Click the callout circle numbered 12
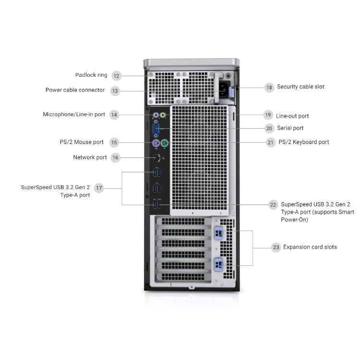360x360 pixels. (117, 75)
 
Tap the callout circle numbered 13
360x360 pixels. (115, 90)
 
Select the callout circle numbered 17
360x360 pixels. (99, 188)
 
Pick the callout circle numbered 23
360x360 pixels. (276, 248)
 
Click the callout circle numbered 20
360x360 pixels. (269, 128)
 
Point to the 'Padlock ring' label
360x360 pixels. (91, 75)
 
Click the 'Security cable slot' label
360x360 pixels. (300, 87)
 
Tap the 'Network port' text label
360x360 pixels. (90, 157)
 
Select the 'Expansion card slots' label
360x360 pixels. (310, 247)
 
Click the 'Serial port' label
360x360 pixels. (290, 128)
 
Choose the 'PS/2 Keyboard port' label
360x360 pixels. (304, 142)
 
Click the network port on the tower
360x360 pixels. (156, 158)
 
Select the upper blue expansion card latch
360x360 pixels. (218, 233)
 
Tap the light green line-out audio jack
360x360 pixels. (163, 115)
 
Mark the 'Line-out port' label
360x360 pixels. (292, 116)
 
